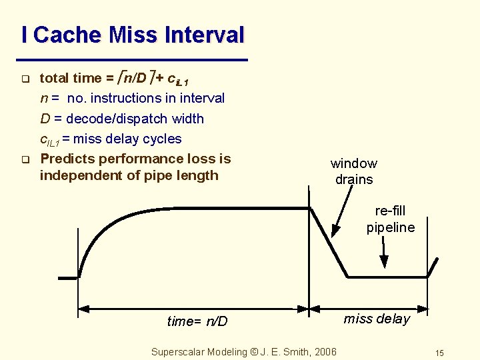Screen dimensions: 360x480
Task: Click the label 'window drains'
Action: point(354,171)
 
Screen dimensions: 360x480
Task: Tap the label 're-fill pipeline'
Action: point(390,219)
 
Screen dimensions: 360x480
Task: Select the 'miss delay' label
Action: point(377,319)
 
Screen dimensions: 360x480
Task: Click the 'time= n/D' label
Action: point(197,321)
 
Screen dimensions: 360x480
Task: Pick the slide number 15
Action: point(439,353)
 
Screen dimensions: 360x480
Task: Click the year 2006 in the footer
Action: point(324,351)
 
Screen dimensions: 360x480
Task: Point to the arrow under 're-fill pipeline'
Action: point(385,254)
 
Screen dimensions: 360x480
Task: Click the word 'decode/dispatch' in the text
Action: point(113,119)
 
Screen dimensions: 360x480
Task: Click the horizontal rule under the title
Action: point(134,60)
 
